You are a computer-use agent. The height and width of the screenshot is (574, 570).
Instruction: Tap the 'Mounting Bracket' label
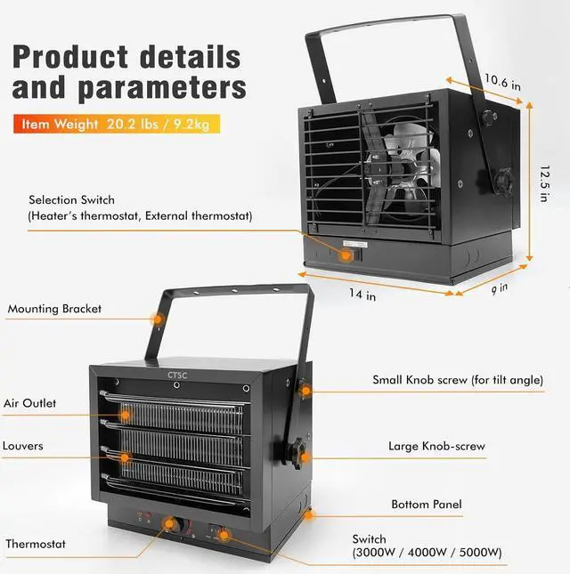point(54,310)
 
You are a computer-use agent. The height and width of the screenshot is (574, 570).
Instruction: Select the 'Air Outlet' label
point(29,403)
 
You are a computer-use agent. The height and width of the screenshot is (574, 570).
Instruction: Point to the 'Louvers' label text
point(23,445)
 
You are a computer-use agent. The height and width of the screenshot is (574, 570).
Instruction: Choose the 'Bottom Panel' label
point(426,505)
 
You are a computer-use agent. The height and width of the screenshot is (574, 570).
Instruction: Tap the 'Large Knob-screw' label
point(435,446)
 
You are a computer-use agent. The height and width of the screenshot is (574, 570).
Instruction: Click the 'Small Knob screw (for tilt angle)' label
point(457,380)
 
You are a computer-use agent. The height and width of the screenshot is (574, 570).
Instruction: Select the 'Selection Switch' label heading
point(71,200)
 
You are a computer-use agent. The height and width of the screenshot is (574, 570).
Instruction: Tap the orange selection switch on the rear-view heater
point(349,254)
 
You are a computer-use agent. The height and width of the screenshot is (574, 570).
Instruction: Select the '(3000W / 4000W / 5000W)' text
point(427,554)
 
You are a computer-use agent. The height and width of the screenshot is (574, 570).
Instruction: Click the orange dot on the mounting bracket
point(157,318)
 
